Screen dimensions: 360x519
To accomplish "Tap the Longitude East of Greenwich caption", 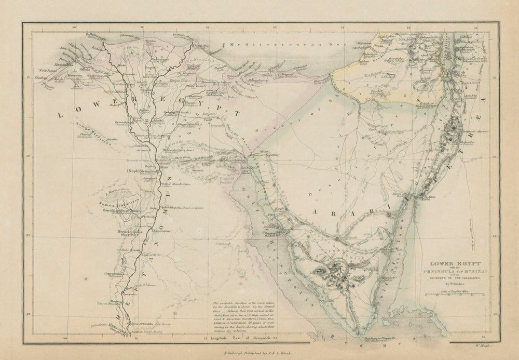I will click(244, 338).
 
